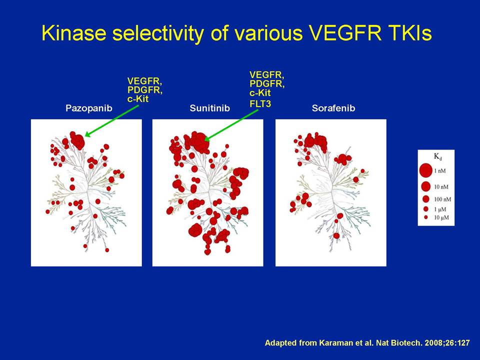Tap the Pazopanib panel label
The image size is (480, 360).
click(x=89, y=108)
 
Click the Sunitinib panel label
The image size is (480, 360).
click(x=209, y=108)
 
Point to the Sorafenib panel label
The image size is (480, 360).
click(x=333, y=108)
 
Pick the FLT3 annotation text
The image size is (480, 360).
click(x=260, y=104)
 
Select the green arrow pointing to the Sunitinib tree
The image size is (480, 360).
click(x=231, y=125)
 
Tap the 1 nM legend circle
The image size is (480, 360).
click(x=425, y=170)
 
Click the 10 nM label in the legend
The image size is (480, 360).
click(x=441, y=186)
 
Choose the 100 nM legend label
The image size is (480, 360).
click(x=442, y=199)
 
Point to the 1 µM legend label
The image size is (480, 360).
click(x=440, y=209)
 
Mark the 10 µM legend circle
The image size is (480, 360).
click(x=425, y=217)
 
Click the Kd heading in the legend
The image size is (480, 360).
click(x=438, y=156)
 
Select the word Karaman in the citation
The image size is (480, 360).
click(x=333, y=343)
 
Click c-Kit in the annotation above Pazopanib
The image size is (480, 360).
click(x=138, y=99)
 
